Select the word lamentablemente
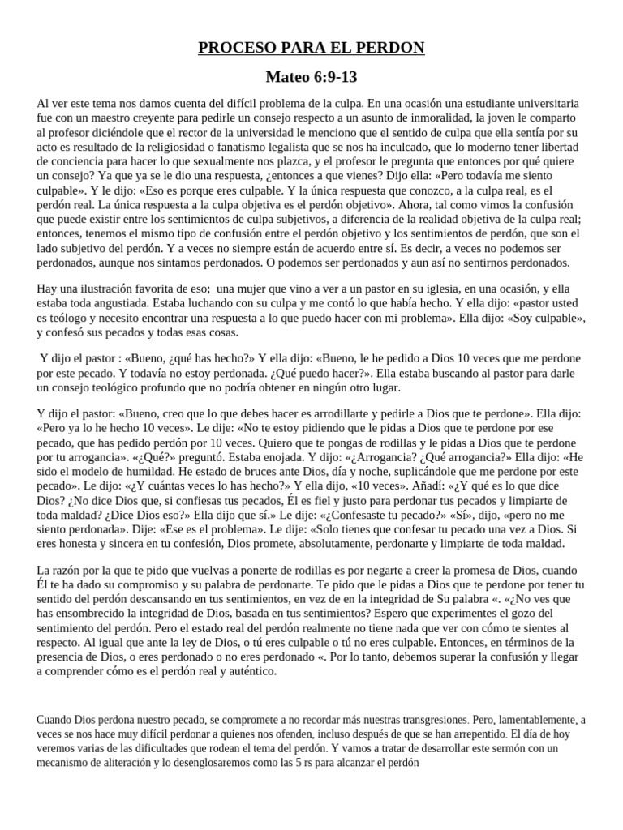point(521,720)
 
